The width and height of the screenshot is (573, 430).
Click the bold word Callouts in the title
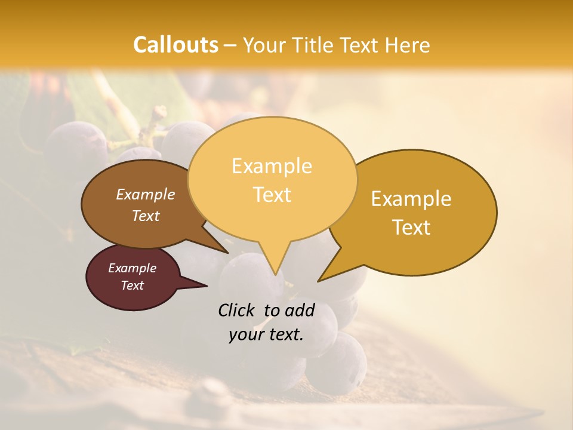(x=175, y=45)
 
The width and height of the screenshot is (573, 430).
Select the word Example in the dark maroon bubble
(x=132, y=268)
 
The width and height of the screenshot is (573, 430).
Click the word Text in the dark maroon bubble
(x=132, y=285)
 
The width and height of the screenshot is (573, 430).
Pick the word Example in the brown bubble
(x=145, y=195)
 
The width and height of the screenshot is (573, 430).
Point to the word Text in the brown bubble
(x=145, y=216)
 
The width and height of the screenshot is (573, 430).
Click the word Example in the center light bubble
(x=272, y=166)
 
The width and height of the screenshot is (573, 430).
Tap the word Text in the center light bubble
(x=272, y=195)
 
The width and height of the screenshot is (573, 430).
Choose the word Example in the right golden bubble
(x=411, y=199)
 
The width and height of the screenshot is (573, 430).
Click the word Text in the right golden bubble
(x=411, y=228)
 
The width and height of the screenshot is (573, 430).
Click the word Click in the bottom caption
(x=237, y=310)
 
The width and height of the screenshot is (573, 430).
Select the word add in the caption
(x=300, y=310)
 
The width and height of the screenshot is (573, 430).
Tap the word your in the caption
(x=246, y=334)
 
